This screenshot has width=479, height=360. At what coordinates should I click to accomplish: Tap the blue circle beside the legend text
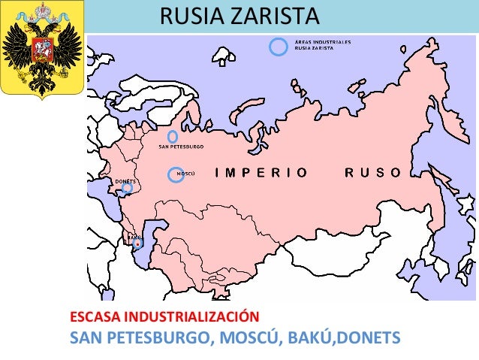point(279,47)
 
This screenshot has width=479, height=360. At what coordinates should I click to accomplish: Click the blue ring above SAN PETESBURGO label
point(173,137)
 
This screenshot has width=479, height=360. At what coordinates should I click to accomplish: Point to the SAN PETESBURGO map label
point(182,147)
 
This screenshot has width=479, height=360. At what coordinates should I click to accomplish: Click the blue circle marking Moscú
point(175,174)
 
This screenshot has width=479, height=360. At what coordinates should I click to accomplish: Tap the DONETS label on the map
point(125,181)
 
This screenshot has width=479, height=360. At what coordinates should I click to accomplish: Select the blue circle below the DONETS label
point(128,189)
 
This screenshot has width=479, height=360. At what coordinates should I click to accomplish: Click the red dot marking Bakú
point(137,244)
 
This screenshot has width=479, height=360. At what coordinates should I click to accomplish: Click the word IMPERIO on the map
point(261,173)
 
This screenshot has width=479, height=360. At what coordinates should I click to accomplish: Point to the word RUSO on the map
point(374,173)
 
